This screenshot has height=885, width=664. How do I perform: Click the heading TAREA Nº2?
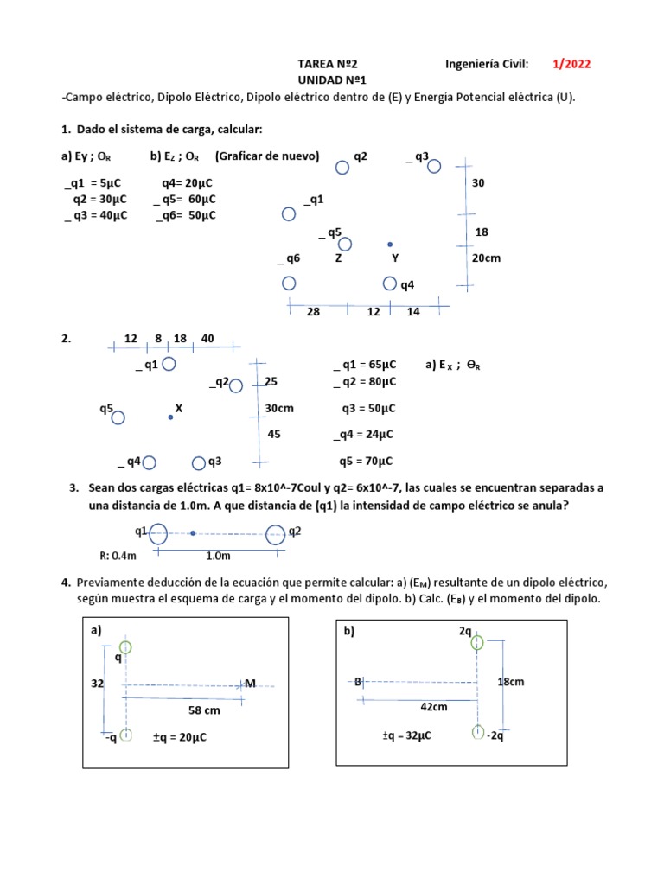pyautogui.click(x=327, y=64)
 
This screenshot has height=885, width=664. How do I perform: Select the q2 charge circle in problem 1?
pyautogui.click(x=342, y=167)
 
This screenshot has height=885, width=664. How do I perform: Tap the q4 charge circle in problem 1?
pyautogui.click(x=390, y=283)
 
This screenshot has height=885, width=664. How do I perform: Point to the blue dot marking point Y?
pyautogui.click(x=390, y=245)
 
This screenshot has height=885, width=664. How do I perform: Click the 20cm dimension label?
pyautogui.click(x=486, y=258)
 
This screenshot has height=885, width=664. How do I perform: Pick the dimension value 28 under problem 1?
pyautogui.click(x=313, y=312)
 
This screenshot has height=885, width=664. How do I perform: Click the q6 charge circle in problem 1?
pyautogui.click(x=289, y=283)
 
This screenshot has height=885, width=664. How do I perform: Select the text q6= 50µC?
pyautogui.click(x=186, y=215)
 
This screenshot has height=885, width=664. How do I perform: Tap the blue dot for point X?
pyautogui.click(x=170, y=417)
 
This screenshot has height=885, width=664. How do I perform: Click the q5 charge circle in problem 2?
pyautogui.click(x=118, y=417)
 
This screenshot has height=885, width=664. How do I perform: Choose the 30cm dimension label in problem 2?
pyautogui.click(x=281, y=408)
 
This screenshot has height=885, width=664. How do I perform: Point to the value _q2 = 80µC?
pyautogui.click(x=364, y=381)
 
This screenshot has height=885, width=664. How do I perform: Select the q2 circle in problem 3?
pyautogui.click(x=275, y=535)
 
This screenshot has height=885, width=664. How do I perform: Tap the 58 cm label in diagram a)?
pyautogui.click(x=205, y=710)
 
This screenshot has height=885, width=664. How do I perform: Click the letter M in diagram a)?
pyautogui.click(x=251, y=684)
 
